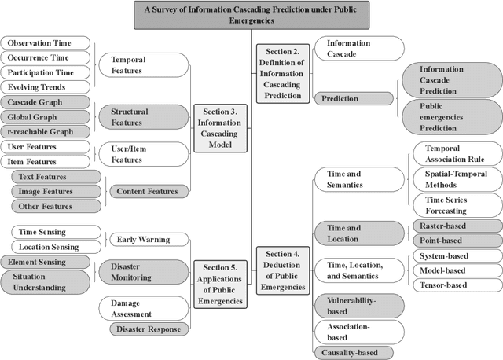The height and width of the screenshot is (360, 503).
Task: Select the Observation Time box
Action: [45, 43]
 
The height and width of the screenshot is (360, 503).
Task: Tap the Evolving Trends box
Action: [45, 87]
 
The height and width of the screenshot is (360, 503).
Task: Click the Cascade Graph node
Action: [45, 102]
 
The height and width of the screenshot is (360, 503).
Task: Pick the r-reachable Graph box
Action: [45, 131]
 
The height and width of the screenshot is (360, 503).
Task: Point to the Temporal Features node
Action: [141, 64]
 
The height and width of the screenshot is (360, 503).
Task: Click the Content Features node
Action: [145, 191]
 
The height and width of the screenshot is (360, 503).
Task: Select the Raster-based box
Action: [456, 226]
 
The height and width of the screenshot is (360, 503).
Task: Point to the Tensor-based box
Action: [456, 285]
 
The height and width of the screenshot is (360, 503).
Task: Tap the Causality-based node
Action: [352, 353]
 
